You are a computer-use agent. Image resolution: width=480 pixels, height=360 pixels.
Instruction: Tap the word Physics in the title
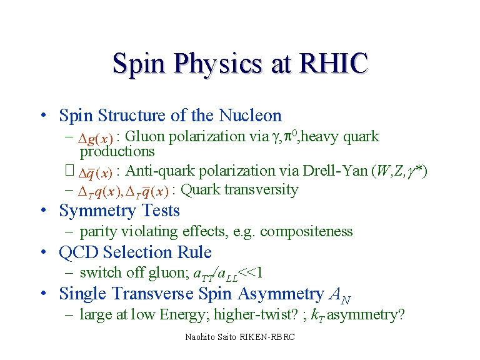click(218, 64)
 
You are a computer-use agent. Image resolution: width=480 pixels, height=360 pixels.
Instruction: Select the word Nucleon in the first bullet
click(250, 116)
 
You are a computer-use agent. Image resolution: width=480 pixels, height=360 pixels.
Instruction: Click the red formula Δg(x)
click(96, 139)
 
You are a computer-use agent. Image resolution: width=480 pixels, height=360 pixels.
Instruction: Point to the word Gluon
click(145, 136)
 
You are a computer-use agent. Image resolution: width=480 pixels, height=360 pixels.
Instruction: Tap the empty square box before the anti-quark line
click(70, 170)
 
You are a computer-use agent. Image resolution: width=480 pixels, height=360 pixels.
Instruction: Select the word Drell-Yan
click(335, 171)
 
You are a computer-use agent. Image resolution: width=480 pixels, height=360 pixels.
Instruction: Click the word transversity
click(261, 189)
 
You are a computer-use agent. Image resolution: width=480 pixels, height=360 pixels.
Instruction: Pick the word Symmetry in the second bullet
click(98, 211)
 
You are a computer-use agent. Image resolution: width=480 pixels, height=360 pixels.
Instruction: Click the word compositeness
click(306, 231)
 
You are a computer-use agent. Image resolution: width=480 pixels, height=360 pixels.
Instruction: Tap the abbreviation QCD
click(79, 252)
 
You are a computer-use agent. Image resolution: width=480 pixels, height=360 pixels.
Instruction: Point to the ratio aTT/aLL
click(216, 274)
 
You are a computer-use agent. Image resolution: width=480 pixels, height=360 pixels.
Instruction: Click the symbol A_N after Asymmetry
click(340, 295)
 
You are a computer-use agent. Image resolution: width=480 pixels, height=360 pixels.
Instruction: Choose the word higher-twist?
click(256, 314)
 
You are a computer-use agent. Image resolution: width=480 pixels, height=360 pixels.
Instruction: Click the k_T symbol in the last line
click(317, 315)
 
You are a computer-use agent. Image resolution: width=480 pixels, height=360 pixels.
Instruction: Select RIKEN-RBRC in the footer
click(267, 337)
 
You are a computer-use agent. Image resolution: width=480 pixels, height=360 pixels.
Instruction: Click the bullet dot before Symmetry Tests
click(44, 210)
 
